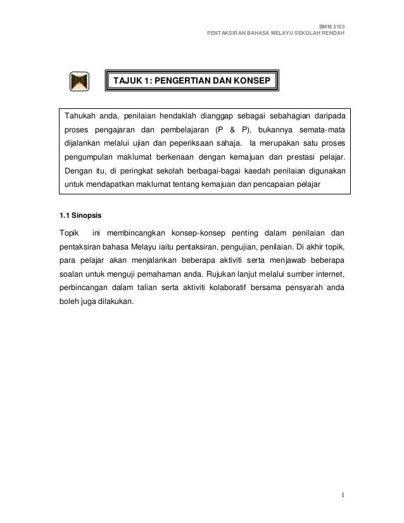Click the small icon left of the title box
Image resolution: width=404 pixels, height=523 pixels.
click(x=79, y=82)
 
